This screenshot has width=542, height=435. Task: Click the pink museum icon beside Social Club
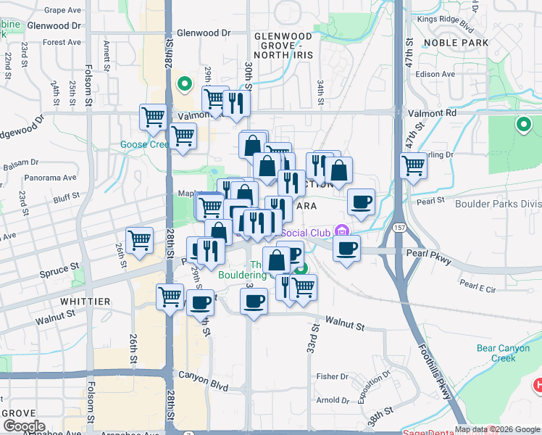[x=344, y=232]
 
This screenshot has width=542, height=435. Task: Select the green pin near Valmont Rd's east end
[x=523, y=125]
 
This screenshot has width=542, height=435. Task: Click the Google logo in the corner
[x=24, y=426]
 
